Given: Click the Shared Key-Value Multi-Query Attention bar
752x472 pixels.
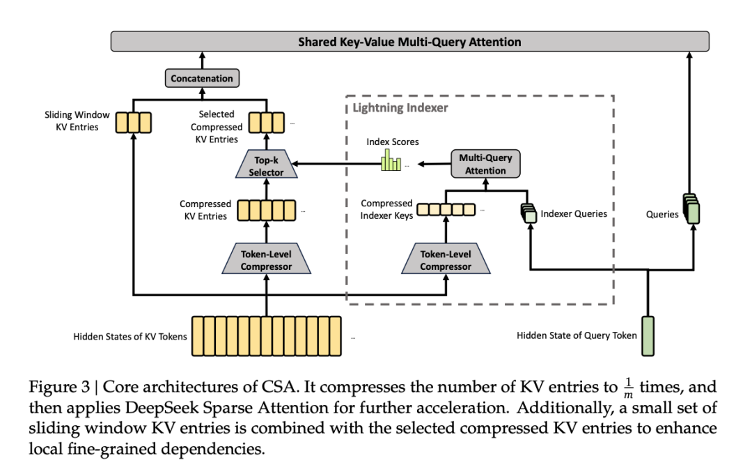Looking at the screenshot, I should [x=409, y=41].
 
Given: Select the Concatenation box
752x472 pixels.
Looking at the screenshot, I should [x=202, y=78].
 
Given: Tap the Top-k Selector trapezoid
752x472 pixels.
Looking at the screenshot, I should [x=267, y=166].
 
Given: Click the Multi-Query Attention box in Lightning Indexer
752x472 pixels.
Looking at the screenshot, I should [x=485, y=164].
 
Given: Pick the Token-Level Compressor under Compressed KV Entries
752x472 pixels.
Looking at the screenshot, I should [x=267, y=260].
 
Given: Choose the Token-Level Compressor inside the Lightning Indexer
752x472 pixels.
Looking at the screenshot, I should [x=446, y=260].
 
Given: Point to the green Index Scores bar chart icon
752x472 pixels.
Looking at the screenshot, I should [x=391, y=163].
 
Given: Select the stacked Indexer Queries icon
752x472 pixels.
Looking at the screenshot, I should [x=529, y=214].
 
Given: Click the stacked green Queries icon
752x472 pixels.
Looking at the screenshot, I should [x=691, y=209].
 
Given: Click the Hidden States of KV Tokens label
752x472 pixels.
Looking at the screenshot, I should [x=130, y=337].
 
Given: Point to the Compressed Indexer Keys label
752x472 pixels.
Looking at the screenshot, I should [x=387, y=209].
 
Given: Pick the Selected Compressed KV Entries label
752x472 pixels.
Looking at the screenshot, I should [x=217, y=126].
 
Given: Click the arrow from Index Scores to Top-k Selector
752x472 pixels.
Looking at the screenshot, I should [x=334, y=165].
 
